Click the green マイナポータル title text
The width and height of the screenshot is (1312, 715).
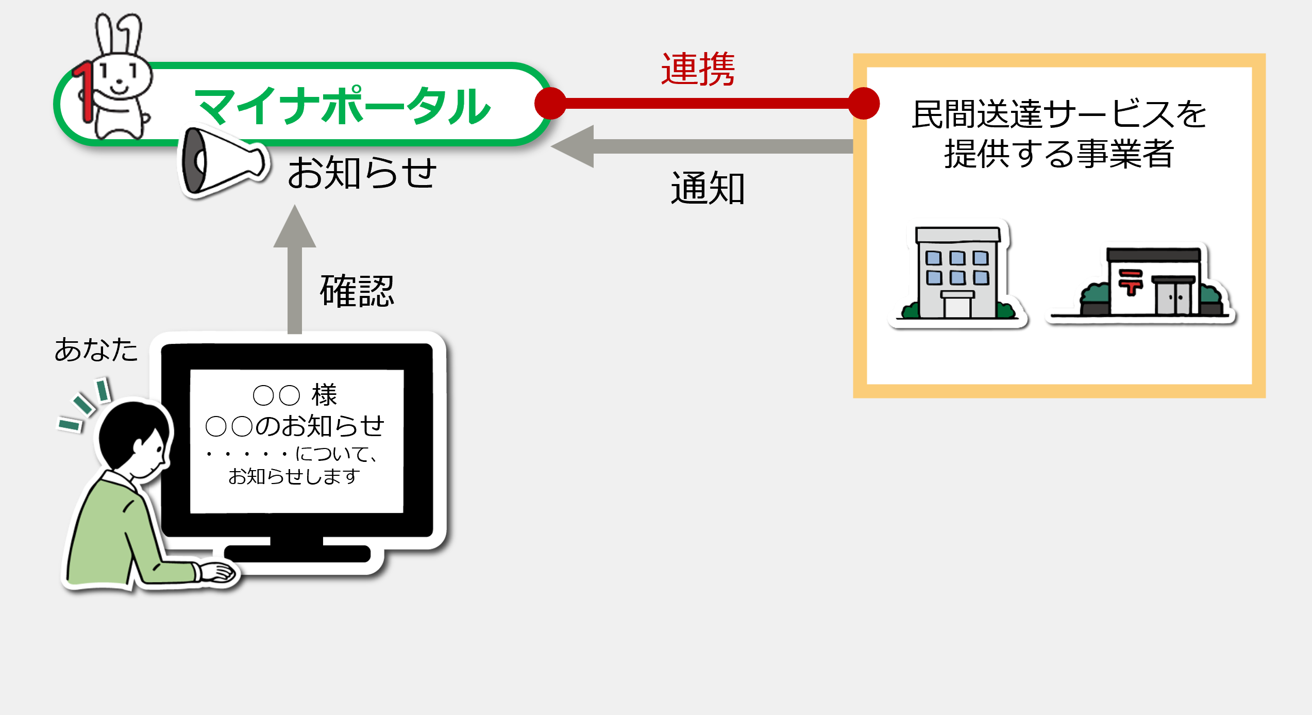[343, 106]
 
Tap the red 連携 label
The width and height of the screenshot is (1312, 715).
[698, 69]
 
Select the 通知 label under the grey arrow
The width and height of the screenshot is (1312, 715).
[708, 188]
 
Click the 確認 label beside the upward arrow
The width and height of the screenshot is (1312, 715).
[357, 291]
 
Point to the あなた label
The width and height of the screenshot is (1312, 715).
[96, 350]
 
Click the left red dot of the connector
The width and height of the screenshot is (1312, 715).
[550, 103]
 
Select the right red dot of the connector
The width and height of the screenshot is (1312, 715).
[864, 103]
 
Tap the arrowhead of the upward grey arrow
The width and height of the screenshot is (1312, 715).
[295, 227]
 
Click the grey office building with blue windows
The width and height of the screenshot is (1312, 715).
[958, 273]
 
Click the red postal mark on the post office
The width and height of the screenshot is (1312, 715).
[1131, 282]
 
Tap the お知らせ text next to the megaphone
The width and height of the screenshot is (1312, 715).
[362, 173]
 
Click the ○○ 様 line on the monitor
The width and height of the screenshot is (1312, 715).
[295, 395]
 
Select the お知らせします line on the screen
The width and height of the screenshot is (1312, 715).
[294, 476]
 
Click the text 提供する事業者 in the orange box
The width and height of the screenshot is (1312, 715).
[1059, 154]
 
